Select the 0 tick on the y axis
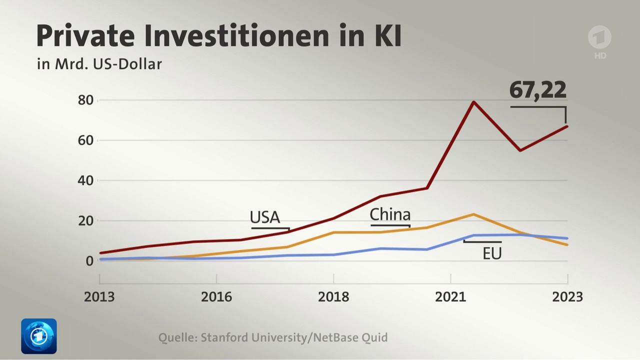89,260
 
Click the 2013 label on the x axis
99,296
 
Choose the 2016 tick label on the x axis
216,296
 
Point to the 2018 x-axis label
333,296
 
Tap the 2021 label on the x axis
450,296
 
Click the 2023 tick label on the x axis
567,296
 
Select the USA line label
265,217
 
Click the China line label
390,214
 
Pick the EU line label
492,253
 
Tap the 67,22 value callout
538,90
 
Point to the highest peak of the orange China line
473,214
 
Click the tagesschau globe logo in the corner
38,336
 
